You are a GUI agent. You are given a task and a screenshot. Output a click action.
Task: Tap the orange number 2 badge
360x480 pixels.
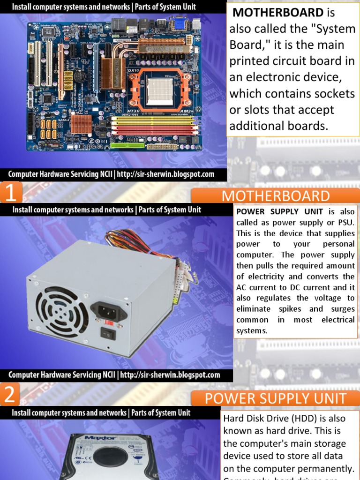[x=9, y=396]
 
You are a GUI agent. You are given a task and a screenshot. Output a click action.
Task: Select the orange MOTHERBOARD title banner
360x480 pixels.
[x=276, y=196]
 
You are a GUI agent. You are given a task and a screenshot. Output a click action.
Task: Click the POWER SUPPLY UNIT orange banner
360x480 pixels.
[x=276, y=399]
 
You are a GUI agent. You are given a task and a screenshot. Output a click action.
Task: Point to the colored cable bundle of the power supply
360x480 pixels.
[x=141, y=241]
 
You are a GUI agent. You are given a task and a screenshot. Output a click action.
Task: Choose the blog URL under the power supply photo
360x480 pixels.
[x=170, y=375]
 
